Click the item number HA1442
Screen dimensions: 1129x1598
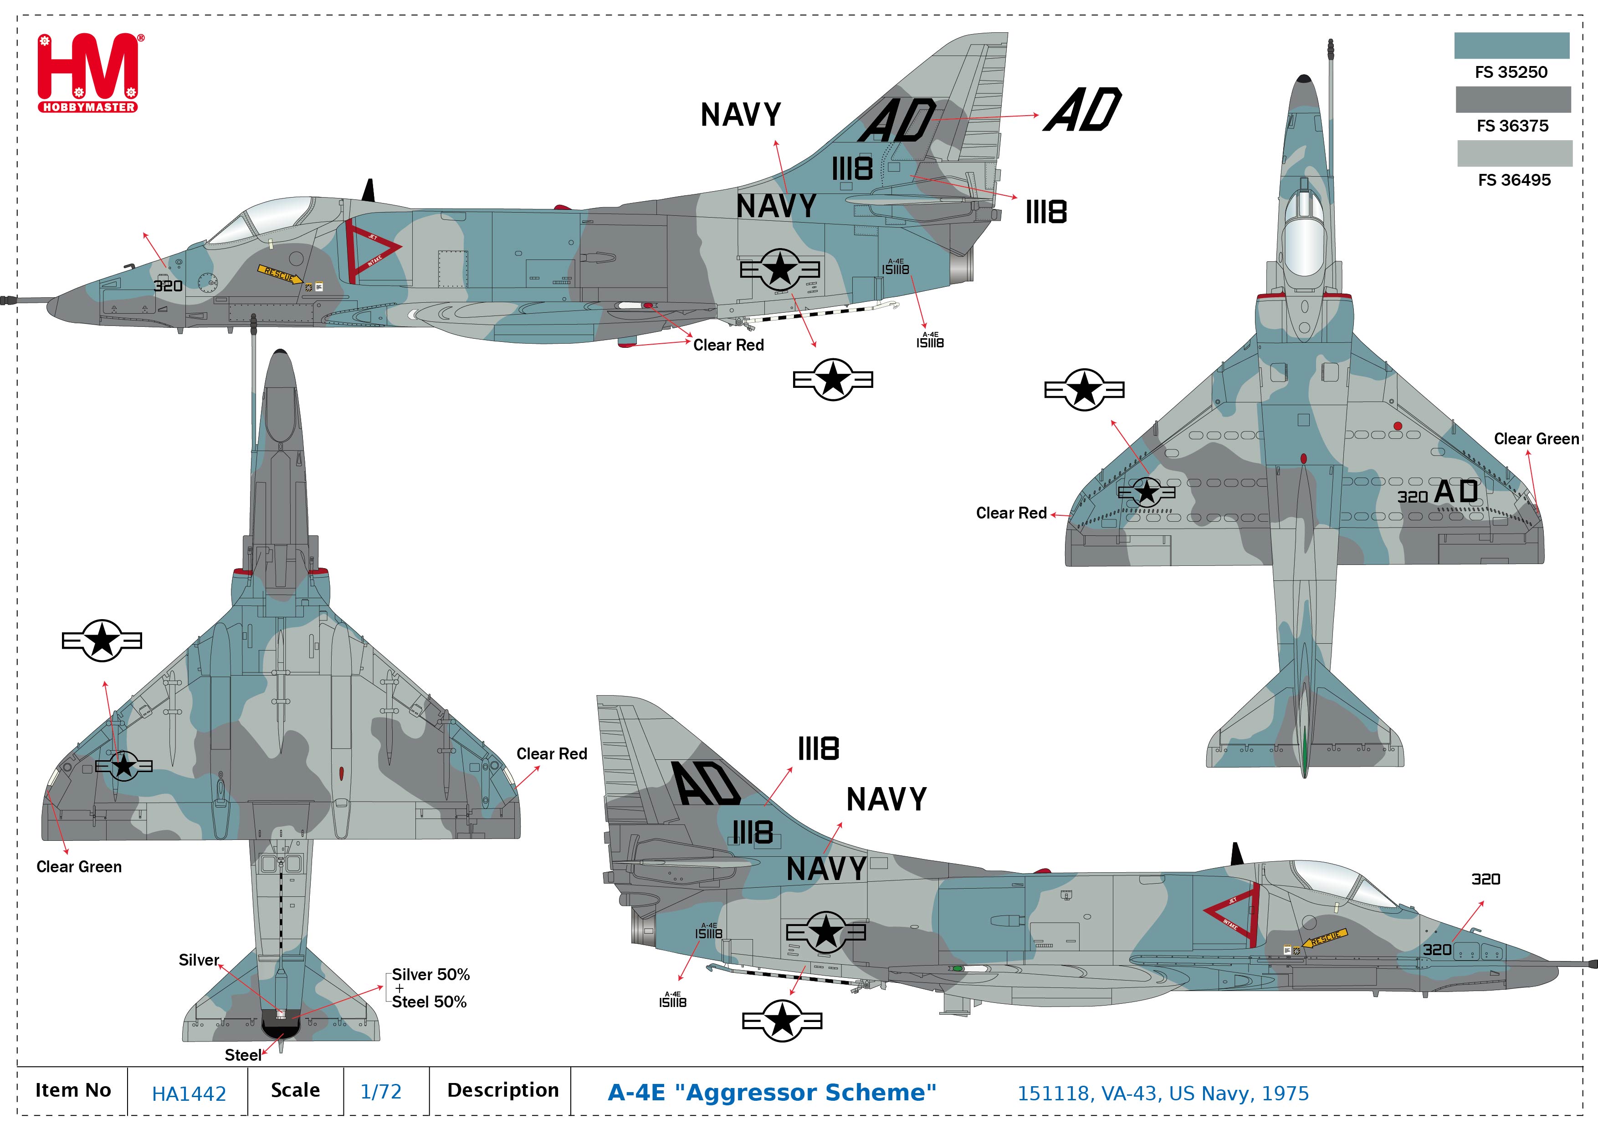coord(189,1093)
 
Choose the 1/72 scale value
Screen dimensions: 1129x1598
coord(381,1091)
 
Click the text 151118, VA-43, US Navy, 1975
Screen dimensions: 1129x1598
coord(1163,1093)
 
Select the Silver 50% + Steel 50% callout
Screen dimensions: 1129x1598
coord(430,988)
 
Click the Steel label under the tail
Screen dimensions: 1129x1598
coord(243,1055)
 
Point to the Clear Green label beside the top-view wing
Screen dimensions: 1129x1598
coord(1536,439)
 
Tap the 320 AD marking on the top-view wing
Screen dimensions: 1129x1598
coord(1437,493)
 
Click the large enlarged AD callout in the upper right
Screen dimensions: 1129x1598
coord(1083,110)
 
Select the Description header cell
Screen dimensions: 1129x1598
coord(502,1090)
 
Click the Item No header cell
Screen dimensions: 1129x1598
coord(73,1090)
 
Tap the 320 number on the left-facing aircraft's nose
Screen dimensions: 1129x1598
coord(168,286)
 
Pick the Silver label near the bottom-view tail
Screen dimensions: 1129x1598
coord(198,960)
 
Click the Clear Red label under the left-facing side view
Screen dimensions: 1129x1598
coord(728,345)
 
